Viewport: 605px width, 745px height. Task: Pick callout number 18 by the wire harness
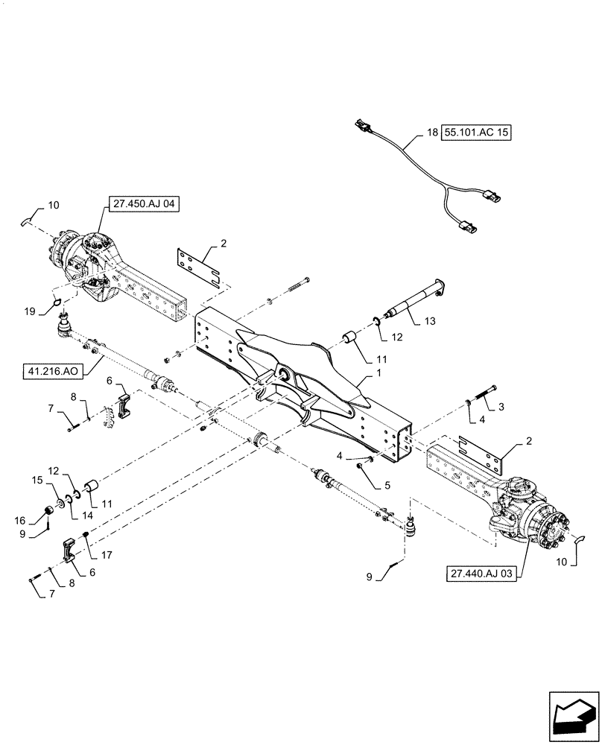point(431,134)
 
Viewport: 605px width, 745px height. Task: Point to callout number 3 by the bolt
point(501,406)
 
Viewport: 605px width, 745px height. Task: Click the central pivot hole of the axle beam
point(285,372)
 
